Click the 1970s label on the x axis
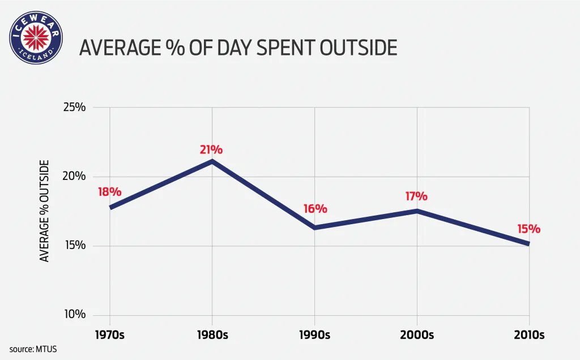[x=109, y=335]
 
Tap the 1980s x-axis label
[x=212, y=335]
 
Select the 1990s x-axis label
[x=314, y=335]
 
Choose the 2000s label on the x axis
[x=417, y=335]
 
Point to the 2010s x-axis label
[x=529, y=335]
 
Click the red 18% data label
[x=109, y=192]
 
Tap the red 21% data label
[x=211, y=150]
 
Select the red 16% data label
[x=315, y=209]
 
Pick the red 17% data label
[x=416, y=196]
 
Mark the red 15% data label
[x=528, y=229]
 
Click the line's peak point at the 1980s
[x=212, y=161]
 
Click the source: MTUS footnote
[x=33, y=349]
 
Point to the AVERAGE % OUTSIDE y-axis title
[x=44, y=211]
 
